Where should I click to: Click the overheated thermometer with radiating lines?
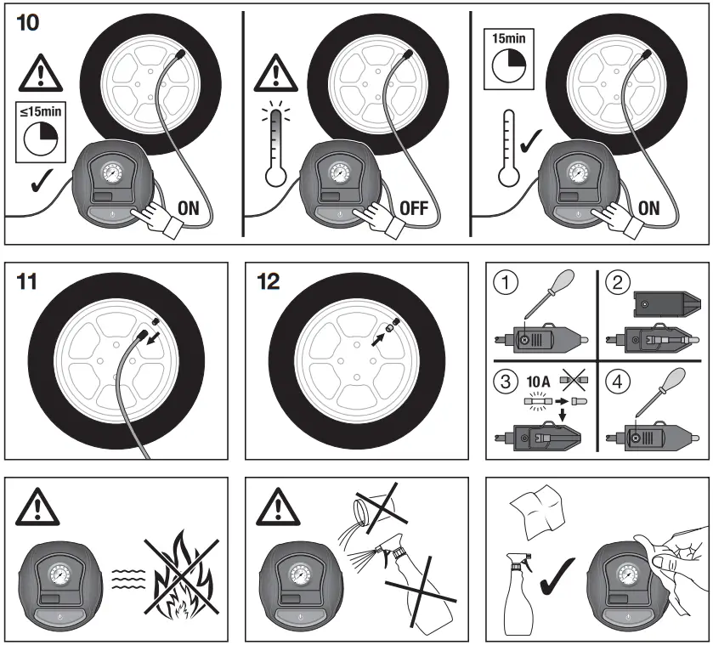pyautogui.click(x=274, y=145)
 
